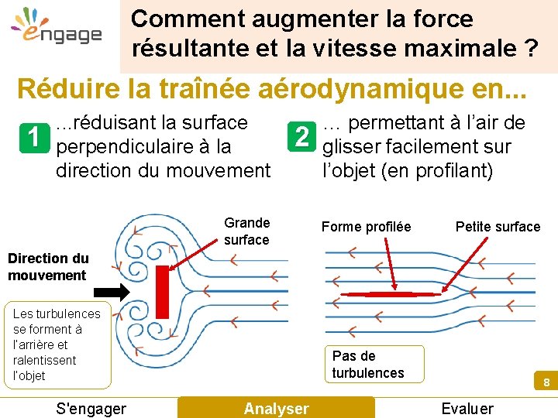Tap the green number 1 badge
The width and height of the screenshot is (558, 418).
tap(33, 138)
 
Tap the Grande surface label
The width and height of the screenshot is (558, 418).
tap(246, 231)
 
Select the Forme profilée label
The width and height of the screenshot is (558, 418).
tap(366, 227)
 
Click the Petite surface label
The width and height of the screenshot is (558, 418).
tap(498, 227)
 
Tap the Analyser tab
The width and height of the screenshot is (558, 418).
tap(276, 408)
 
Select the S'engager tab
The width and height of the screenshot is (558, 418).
tap(91, 408)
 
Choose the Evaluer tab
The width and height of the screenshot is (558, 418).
tap(467, 408)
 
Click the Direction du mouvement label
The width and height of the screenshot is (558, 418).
tap(48, 266)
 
